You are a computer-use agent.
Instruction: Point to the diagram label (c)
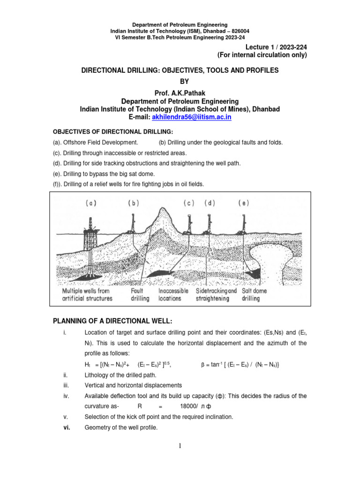coord(189,203)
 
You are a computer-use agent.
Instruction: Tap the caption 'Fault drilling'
coord(140,294)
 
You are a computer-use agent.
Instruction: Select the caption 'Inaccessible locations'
coord(173,294)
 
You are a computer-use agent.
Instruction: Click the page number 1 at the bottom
coord(180,446)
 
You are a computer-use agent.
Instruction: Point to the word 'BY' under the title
coord(180,81)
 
